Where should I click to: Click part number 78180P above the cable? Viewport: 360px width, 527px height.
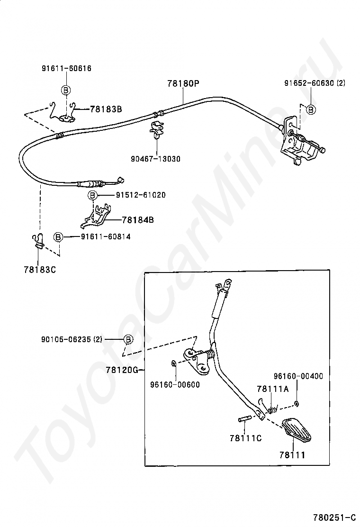(x=183, y=83)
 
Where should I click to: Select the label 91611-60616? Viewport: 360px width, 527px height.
(x=66, y=68)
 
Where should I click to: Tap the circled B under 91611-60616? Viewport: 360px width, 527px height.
(x=66, y=90)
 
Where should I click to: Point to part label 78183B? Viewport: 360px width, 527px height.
(x=106, y=109)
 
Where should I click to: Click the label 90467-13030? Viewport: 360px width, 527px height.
(x=155, y=159)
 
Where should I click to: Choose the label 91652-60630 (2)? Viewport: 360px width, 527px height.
(x=315, y=83)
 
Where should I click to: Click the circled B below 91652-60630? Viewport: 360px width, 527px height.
(x=311, y=109)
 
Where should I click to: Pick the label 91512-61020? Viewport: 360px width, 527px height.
(x=141, y=195)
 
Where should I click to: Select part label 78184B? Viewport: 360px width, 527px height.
(x=138, y=220)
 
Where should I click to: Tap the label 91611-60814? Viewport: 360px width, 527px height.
(x=106, y=236)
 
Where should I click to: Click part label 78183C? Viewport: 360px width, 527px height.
(x=40, y=270)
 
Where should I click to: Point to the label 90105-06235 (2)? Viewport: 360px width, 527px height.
(x=72, y=339)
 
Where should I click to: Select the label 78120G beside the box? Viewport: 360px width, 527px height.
(x=122, y=370)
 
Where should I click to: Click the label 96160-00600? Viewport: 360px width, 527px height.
(x=175, y=384)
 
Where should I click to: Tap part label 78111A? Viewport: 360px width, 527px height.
(x=273, y=389)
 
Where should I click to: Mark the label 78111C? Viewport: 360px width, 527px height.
(x=246, y=438)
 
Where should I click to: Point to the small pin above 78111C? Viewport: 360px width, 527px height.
(x=244, y=419)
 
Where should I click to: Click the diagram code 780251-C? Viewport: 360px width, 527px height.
(x=334, y=517)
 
